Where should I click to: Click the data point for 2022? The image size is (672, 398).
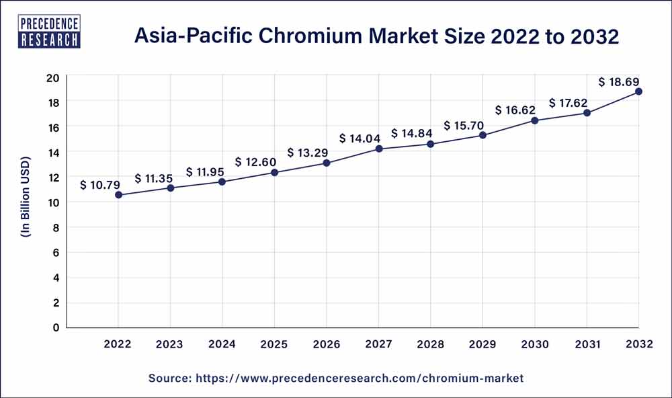[119, 195]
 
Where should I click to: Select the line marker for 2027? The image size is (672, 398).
[379, 149]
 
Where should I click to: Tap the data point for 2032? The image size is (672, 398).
[638, 91]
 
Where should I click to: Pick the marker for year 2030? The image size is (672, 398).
[535, 120]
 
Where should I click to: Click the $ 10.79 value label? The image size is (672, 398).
[101, 184]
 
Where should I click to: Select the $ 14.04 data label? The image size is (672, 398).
[361, 138]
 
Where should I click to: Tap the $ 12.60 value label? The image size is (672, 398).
[257, 162]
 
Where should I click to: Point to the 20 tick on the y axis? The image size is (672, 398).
[53, 77]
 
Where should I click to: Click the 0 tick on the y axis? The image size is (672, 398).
[56, 327]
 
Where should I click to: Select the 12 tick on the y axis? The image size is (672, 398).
[53, 177]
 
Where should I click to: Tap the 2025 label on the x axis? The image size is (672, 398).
[274, 344]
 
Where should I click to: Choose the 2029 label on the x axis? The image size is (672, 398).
[482, 344]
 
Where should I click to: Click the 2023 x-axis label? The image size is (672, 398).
[170, 344]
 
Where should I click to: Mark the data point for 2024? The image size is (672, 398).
[222, 182]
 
